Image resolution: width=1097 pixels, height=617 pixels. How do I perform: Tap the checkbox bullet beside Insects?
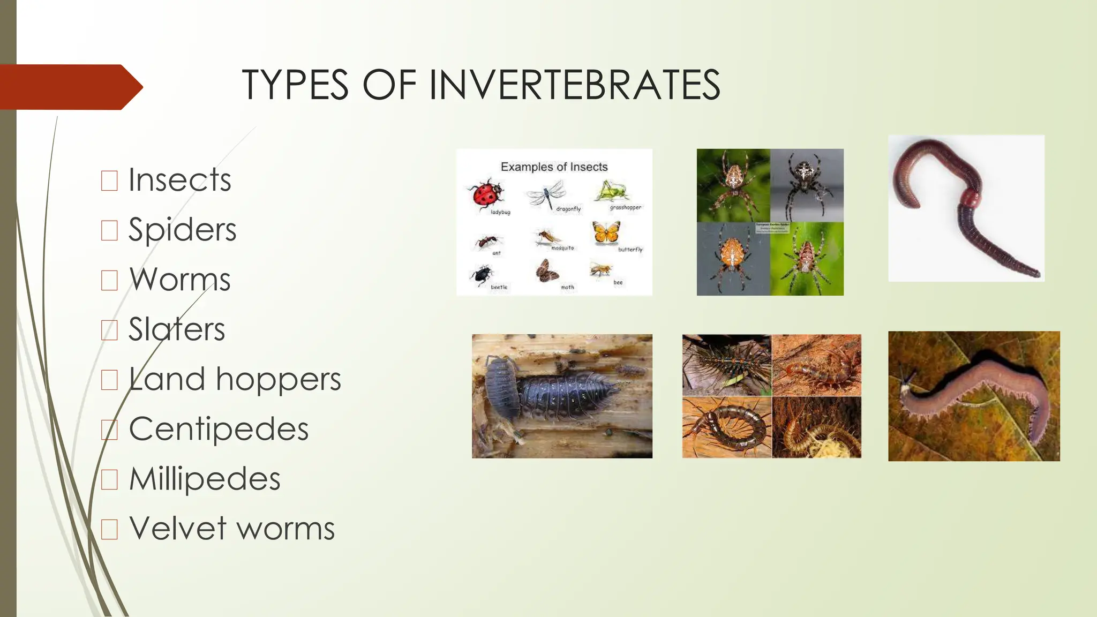pos(109,180)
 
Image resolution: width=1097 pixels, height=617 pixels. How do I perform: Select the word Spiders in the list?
pos(182,230)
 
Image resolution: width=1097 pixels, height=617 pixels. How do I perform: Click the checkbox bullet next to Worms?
pos(109,280)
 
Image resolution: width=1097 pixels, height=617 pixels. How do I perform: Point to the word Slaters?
pos(177,329)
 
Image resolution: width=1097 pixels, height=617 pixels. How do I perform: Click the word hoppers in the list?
pos(278,379)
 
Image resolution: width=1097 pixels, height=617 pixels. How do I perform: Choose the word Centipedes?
pos(219,429)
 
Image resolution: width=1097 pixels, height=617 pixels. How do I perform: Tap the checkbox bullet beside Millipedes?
pos(109,479)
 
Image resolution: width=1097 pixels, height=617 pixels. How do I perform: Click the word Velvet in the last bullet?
pos(178,529)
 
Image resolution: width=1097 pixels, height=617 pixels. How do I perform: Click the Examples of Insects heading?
pos(554,167)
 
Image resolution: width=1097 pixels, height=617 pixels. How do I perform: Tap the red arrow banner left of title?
pos(70,87)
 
